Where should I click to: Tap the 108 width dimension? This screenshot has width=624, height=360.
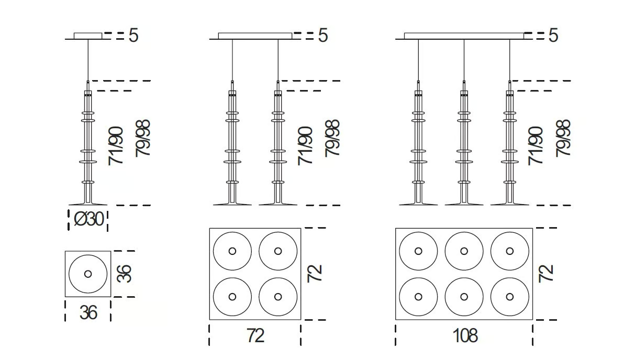(x=465, y=335)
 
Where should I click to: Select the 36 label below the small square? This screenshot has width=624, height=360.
(x=88, y=312)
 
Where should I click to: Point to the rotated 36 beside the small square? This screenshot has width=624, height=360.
(x=125, y=274)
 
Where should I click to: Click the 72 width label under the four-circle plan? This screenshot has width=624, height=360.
(x=255, y=335)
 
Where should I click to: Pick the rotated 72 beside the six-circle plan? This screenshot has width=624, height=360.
(x=546, y=274)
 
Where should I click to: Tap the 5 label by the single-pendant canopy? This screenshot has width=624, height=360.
(x=133, y=36)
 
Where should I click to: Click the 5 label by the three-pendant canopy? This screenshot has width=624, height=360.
(x=553, y=36)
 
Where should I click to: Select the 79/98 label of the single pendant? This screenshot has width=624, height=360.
(x=143, y=139)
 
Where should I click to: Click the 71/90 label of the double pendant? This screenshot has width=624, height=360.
(x=306, y=146)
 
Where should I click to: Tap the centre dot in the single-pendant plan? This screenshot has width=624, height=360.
(x=88, y=274)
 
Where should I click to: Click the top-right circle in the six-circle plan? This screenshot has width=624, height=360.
(x=509, y=251)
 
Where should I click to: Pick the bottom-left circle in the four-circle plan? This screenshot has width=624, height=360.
(x=232, y=296)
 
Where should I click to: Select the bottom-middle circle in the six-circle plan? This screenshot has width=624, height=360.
(x=464, y=296)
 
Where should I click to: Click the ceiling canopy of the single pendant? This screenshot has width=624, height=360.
(x=88, y=36)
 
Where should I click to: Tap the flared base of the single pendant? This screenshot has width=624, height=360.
(x=88, y=202)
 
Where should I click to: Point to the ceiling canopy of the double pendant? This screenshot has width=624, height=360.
(x=254, y=36)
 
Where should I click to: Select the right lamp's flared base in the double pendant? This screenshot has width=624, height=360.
(x=278, y=202)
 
